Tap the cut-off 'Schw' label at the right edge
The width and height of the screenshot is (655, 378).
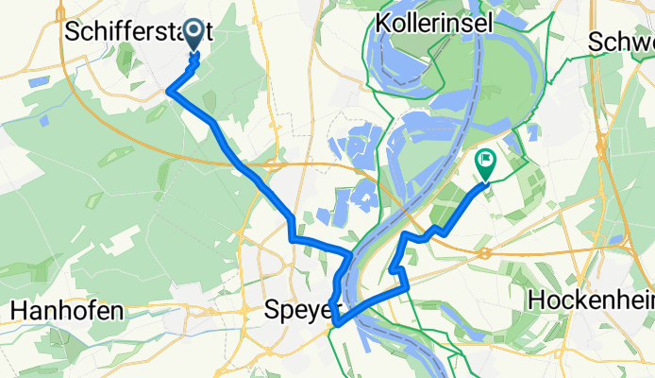622,42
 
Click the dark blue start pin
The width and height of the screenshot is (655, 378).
194,35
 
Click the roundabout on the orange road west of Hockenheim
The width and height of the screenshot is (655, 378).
482,253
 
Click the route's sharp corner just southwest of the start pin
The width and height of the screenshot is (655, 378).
170,91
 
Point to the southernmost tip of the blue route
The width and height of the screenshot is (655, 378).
336,326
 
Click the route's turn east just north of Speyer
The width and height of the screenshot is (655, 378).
294,238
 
